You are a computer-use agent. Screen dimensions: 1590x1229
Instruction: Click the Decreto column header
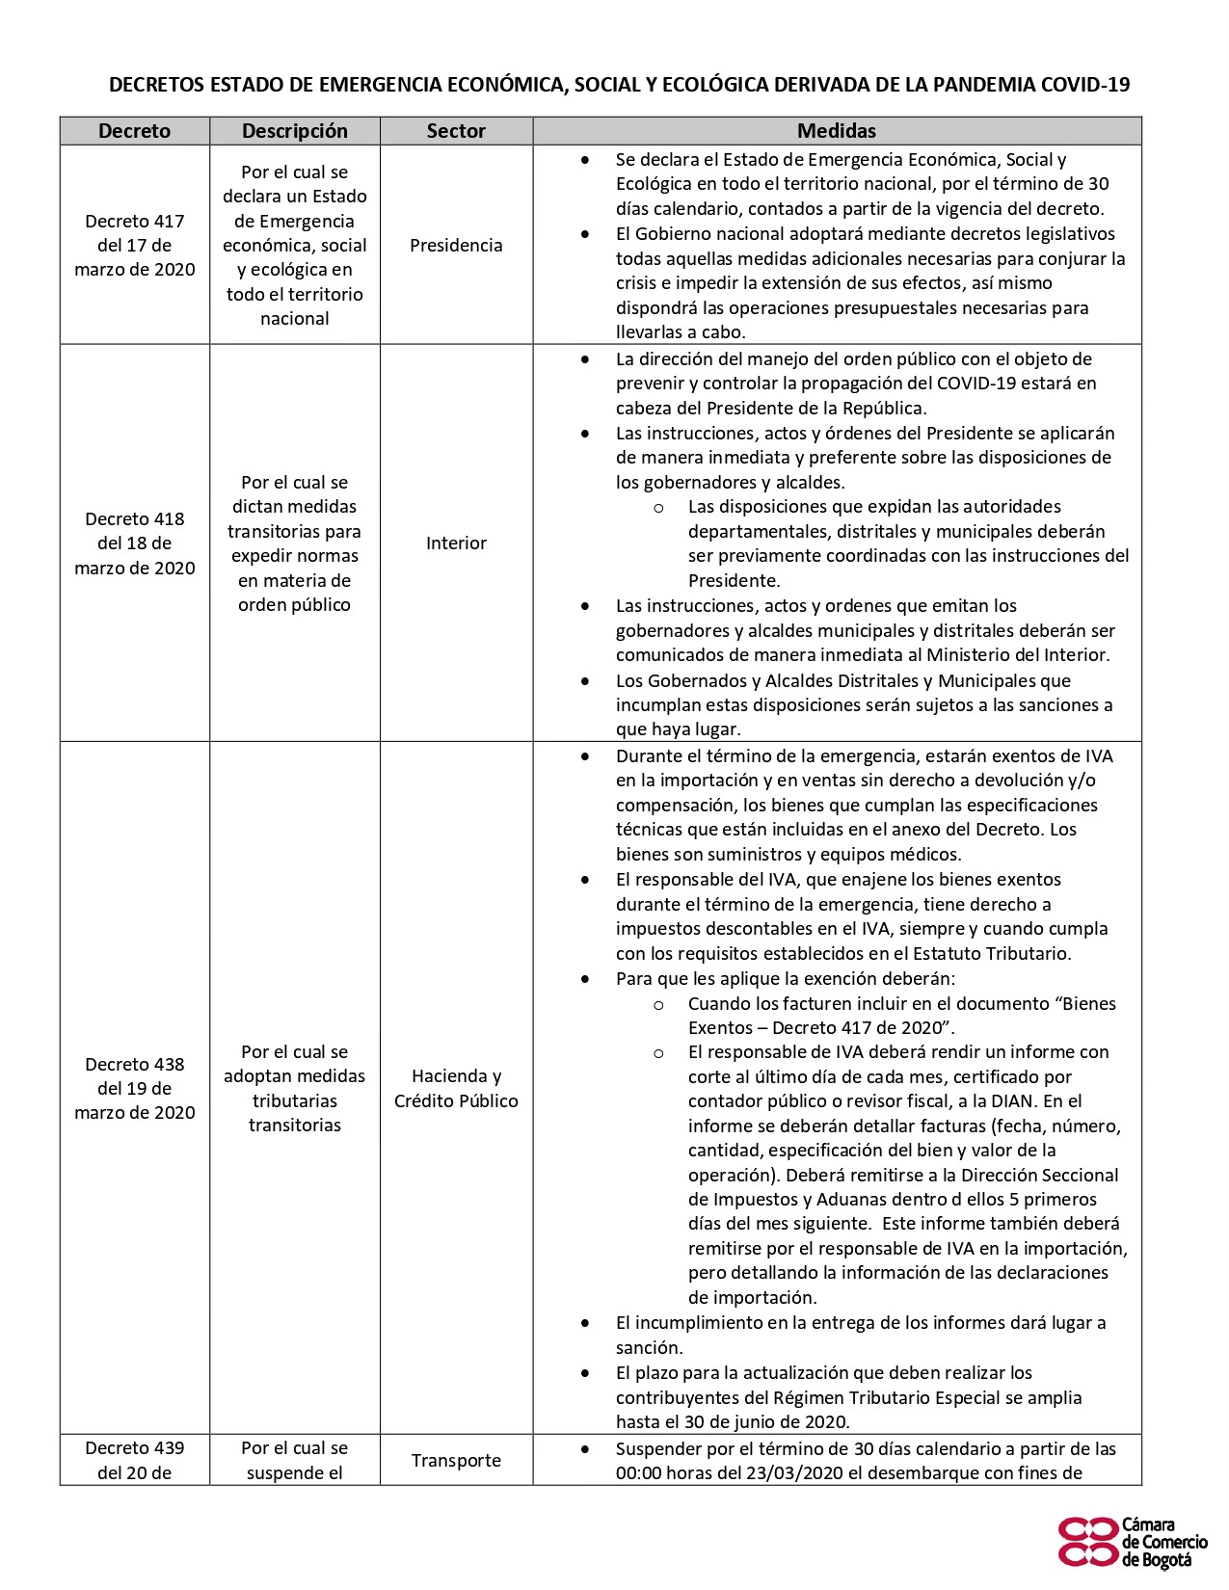(134, 131)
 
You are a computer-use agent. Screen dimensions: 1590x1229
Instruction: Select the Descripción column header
(294, 131)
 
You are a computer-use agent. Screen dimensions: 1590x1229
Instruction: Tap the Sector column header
(456, 131)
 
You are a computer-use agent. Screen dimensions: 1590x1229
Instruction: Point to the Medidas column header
(836, 131)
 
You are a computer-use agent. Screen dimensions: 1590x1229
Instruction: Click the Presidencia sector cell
(456, 246)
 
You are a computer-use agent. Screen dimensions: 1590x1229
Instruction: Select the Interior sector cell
(456, 543)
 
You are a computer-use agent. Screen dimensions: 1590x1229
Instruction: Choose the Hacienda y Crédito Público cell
(456, 1089)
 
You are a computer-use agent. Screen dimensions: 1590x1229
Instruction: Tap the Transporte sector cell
(456, 1461)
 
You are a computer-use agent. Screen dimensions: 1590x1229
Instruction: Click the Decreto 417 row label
(134, 245)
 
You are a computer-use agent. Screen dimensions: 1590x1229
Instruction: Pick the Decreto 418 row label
(134, 543)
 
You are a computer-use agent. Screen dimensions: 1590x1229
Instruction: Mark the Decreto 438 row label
(134, 1089)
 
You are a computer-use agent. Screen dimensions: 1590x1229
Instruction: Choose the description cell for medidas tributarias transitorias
(294, 1089)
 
